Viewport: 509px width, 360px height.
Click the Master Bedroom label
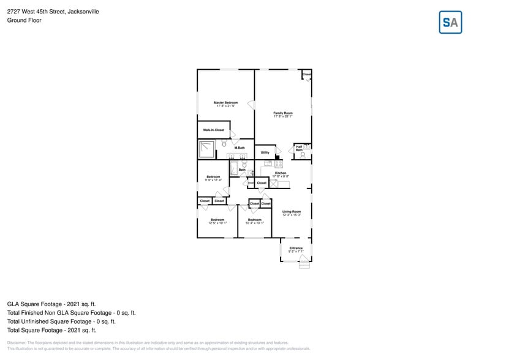tap(225, 102)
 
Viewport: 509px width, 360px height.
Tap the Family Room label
tap(283, 113)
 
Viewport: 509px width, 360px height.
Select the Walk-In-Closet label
tap(214, 130)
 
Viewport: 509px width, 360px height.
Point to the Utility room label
tap(265, 152)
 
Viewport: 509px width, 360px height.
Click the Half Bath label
tap(299, 148)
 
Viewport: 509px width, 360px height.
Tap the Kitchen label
tap(281, 173)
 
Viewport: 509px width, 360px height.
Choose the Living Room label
tap(292, 212)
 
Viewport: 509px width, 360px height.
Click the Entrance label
tap(296, 248)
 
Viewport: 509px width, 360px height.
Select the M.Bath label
tap(239, 148)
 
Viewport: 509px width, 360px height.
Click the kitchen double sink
tap(268, 163)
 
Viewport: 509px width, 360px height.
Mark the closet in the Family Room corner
tap(306, 75)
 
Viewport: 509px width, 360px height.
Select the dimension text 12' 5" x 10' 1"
tap(217, 223)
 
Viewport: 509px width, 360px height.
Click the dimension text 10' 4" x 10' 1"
tap(254, 223)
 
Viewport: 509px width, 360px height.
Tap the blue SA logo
tap(451, 23)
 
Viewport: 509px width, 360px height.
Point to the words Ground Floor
tap(22, 20)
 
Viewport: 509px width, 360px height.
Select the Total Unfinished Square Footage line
tap(61, 321)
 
